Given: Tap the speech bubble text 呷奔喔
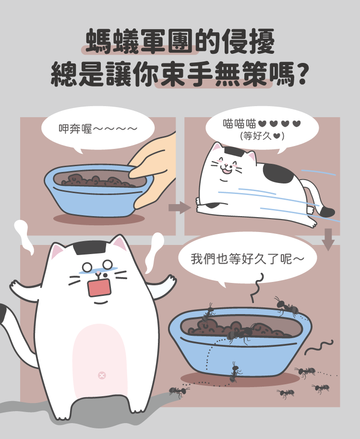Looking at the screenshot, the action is click(x=75, y=129).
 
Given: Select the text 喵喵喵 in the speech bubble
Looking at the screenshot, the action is click(x=240, y=123).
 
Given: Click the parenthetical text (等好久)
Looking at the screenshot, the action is click(x=262, y=136).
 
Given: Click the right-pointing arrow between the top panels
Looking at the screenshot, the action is click(x=180, y=207).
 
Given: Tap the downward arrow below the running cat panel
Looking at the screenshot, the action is click(x=328, y=239).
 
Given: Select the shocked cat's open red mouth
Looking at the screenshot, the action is click(x=99, y=287).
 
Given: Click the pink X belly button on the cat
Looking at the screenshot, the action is click(x=102, y=375).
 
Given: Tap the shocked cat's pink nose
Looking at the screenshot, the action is click(x=98, y=272).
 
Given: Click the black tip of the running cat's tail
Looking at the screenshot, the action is click(x=327, y=212).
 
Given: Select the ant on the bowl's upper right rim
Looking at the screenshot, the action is click(x=286, y=306).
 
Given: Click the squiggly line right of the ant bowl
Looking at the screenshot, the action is click(x=319, y=347).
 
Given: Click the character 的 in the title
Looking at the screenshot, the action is click(x=207, y=41).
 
